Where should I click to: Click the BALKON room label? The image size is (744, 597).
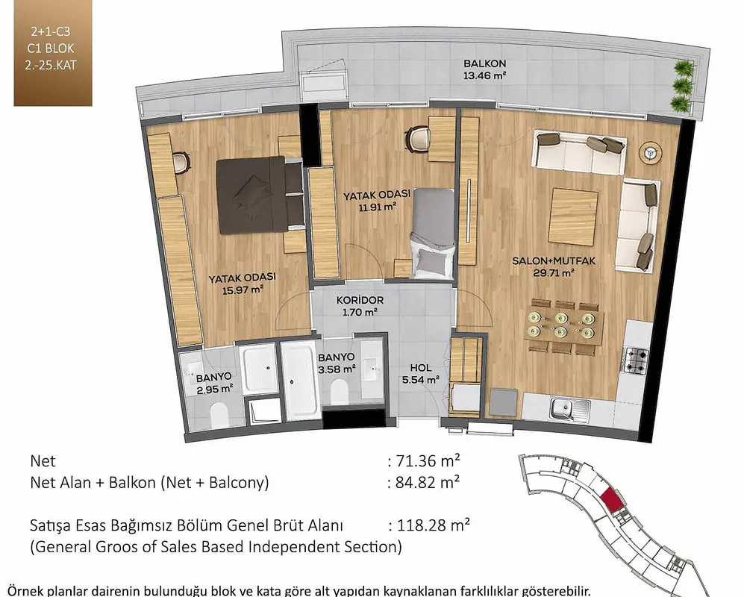pos(484,63)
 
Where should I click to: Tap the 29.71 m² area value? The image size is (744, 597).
pos(554,272)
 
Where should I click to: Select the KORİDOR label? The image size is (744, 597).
pos(360,300)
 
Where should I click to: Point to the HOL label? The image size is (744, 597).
pos(421,367)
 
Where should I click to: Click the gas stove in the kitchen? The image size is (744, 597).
pos(636,360)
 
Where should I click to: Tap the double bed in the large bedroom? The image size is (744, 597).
pos(260,196)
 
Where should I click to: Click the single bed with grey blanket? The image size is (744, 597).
pos(434,234)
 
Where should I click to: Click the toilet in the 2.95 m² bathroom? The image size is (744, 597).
pos(219,414)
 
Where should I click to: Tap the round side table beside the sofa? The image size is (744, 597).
pos(649,152)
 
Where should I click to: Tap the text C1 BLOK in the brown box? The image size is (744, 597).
pos(51,49)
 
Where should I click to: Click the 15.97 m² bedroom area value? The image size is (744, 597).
pos(243,290)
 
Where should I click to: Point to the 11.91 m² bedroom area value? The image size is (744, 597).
pos(377,207)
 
